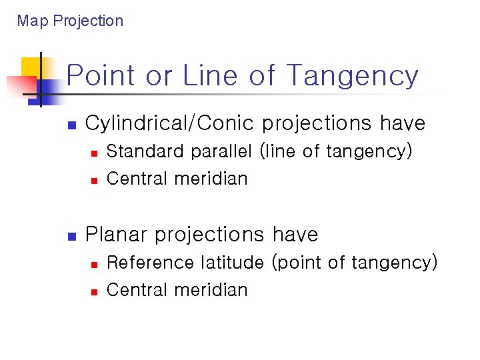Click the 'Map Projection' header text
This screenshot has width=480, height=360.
coord(70,21)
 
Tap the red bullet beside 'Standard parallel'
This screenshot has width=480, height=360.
coord(94,153)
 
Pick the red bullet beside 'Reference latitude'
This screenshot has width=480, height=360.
coord(94,264)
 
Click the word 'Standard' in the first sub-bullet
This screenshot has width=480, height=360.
coord(146,151)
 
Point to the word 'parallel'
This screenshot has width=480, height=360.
coord(221,151)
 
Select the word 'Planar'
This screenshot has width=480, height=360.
coord(117,235)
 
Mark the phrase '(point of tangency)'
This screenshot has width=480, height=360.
coord(354,263)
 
